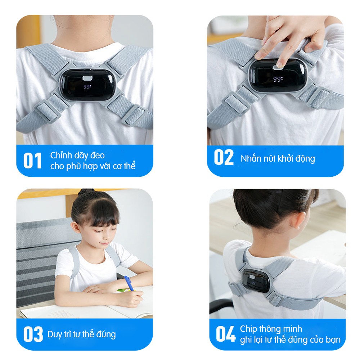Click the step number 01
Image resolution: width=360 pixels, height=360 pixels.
[x=32, y=161]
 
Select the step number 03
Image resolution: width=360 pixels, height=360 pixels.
[x=33, y=334]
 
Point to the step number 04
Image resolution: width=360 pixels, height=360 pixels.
[x=226, y=334]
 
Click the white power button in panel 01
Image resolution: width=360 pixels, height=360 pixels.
[x=87, y=78]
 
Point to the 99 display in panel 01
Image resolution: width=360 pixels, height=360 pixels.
[x=87, y=87]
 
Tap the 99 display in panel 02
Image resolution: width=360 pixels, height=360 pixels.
[x=278, y=79]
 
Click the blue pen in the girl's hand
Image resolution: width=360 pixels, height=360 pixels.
[x=129, y=283]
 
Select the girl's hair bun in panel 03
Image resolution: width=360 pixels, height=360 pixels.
[x=86, y=192]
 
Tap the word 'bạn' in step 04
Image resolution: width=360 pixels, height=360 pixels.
[x=333, y=339]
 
